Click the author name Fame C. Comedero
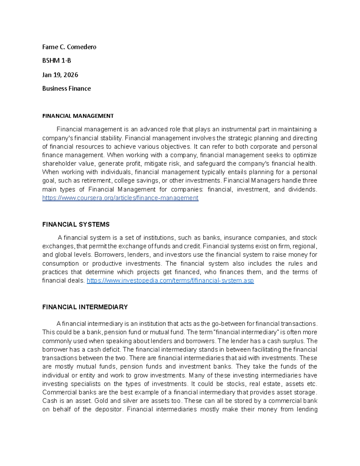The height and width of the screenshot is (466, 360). pyautogui.click(x=69, y=47)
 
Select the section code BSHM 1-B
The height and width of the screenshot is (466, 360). pyautogui.click(x=56, y=61)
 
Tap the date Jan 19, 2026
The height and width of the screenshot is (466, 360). pyautogui.click(x=60, y=75)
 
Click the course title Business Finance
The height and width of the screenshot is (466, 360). pyautogui.click(x=66, y=89)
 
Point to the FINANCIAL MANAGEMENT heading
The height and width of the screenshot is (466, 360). pyautogui.click(x=78, y=116)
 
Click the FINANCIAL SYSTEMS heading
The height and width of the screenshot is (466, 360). pyautogui.click(x=76, y=224)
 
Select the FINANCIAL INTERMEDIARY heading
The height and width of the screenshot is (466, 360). pyautogui.click(x=85, y=307)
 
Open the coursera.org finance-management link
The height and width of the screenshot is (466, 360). pyautogui.click(x=120, y=198)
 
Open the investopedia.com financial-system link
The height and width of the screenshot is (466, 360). pyautogui.click(x=170, y=281)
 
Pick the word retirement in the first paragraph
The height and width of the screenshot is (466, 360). pyautogui.click(x=96, y=181)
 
